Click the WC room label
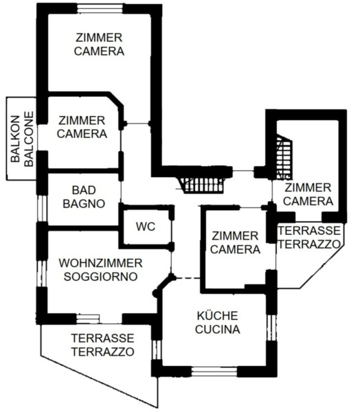point(146,227)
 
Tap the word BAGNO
point(84,204)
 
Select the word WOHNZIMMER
point(101,263)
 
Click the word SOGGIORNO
point(101,277)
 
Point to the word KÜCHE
point(218,316)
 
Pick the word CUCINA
point(218,329)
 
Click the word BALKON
point(15,139)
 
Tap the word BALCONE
point(29,139)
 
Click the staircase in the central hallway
point(202,185)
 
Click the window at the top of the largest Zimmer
point(100,8)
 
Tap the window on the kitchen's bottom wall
point(214,371)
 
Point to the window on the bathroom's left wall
point(42,209)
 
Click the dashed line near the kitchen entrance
point(188,278)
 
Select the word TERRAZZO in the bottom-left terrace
point(103,352)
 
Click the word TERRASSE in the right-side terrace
point(309,231)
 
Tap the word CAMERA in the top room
point(99,51)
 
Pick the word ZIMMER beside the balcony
point(82,121)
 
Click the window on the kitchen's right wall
point(271,328)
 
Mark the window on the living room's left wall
point(42,273)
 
